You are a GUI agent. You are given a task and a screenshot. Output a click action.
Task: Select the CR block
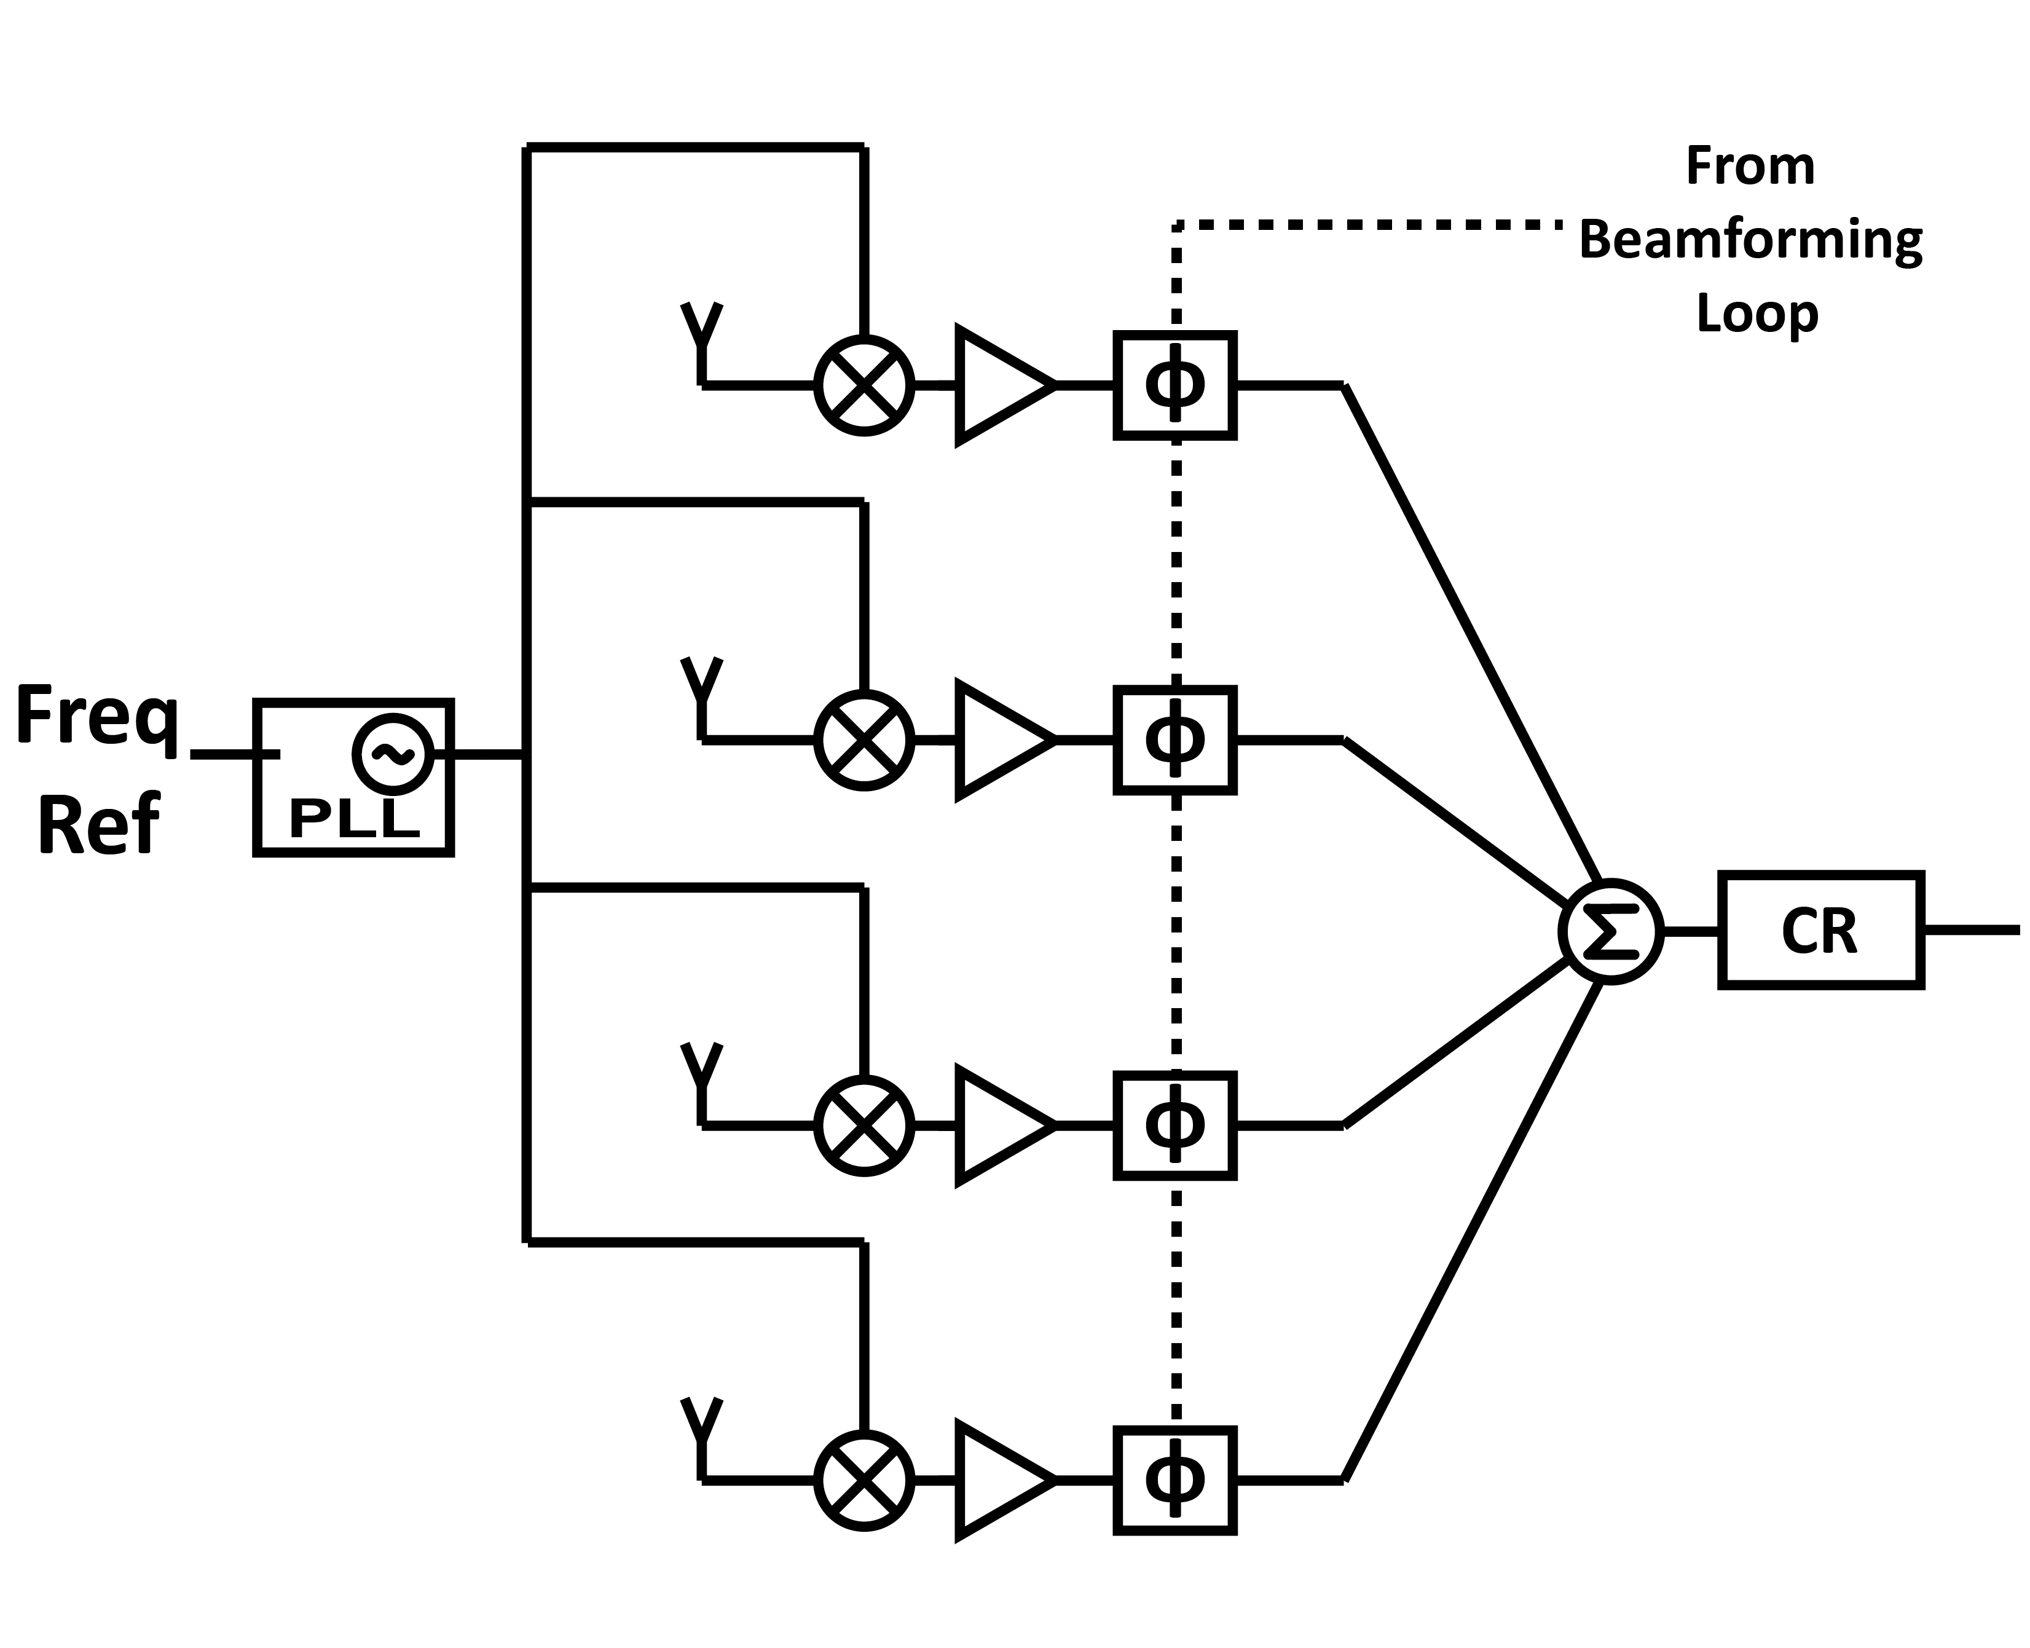pos(1821,930)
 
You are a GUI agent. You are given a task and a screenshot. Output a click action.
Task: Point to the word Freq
pos(98,719)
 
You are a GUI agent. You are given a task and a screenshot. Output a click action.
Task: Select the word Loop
pos(1757,313)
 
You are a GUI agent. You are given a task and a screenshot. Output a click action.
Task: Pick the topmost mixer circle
pos(864,385)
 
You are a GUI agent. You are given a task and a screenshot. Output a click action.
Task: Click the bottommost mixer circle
pos(864,1480)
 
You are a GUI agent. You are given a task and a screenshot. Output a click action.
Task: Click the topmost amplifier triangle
pos(1001,385)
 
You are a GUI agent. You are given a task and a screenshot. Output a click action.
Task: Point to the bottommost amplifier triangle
pos(1001,1480)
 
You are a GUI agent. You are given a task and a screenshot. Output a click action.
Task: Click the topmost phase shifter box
pos(1175,385)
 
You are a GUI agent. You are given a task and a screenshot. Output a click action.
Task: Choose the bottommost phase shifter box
pos(1175,1480)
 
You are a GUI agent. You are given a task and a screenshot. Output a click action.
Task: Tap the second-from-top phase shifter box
pos(1175,739)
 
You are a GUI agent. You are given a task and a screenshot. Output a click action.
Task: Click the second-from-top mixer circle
pos(864,739)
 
